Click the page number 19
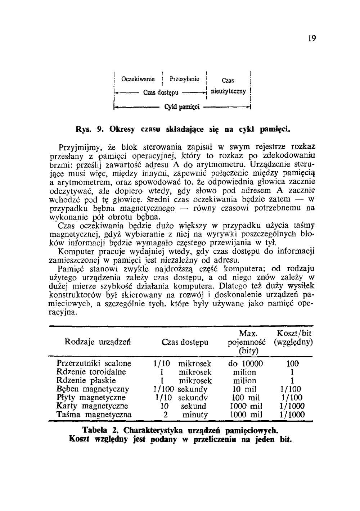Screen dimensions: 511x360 coord(312,38)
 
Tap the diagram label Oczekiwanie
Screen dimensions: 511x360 coord(138,79)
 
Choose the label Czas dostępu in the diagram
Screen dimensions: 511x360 coord(161,93)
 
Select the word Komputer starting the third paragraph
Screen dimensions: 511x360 coord(75,251)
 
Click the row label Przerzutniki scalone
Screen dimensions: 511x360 coord(94,363)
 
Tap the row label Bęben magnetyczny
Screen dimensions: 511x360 coord(93,389)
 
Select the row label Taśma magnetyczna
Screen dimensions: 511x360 coord(94,415)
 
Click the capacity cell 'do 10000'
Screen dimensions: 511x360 coord(246,363)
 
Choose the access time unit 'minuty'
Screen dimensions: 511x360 coord(195,415)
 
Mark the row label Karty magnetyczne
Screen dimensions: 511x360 coord(92,406)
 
